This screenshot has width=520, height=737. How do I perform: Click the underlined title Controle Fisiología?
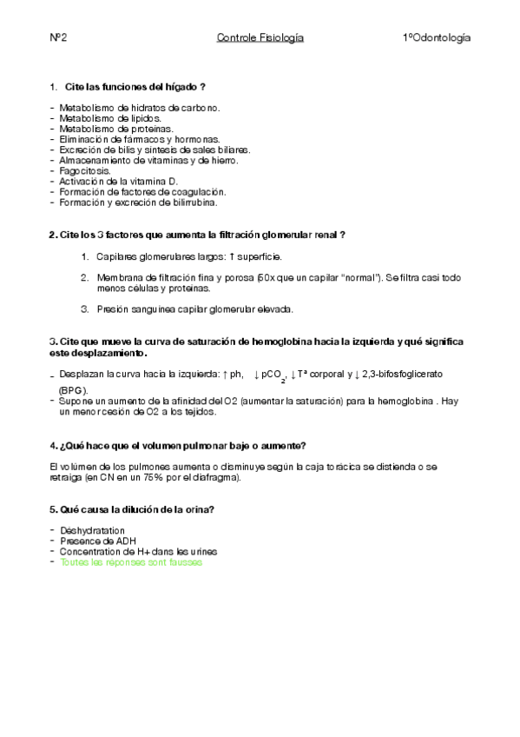260,38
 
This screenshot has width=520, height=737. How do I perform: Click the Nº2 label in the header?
58,38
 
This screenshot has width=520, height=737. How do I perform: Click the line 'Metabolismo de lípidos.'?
109,118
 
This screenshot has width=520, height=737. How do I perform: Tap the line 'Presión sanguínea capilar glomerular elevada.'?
194,309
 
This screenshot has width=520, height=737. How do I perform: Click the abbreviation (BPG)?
73,390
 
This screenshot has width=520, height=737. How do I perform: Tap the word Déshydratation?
92,530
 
